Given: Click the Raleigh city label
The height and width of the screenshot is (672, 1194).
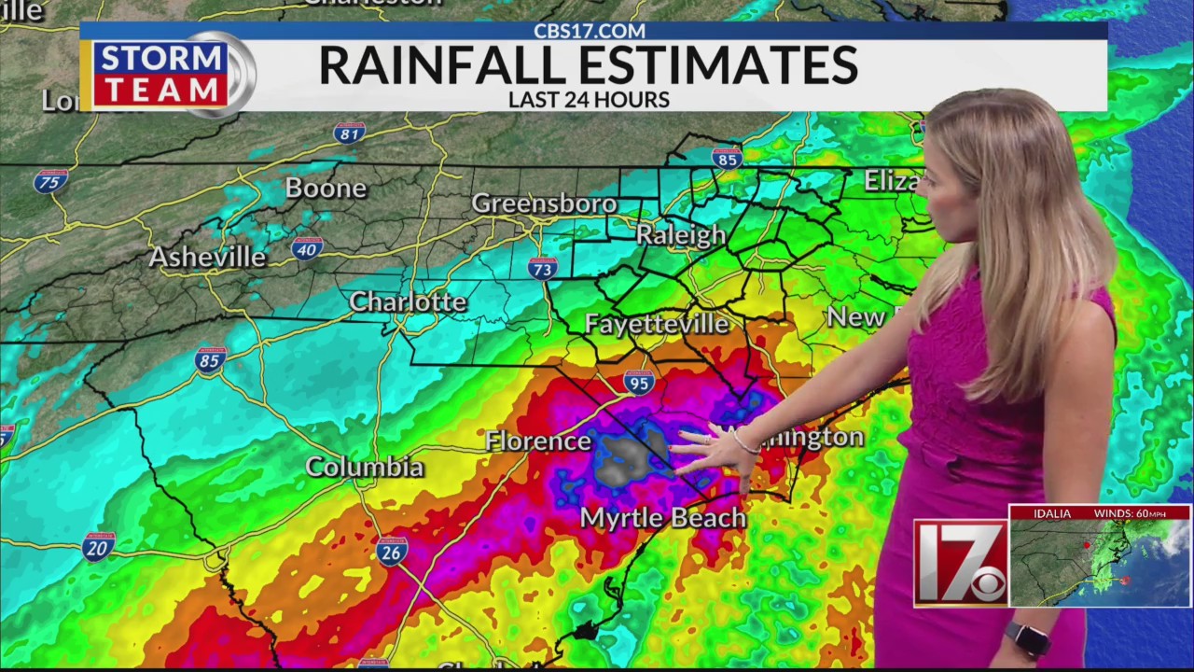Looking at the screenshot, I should (681, 235).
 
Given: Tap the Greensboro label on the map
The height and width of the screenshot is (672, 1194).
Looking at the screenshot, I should (544, 203).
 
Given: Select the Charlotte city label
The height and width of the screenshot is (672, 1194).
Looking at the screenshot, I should (408, 302).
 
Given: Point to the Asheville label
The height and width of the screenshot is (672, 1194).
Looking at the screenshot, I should (207, 258).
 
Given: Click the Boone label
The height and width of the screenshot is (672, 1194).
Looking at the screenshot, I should (326, 189).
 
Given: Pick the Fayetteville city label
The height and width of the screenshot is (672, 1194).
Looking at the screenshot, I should (657, 324).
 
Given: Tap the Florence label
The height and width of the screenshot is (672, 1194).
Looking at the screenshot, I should (538, 441).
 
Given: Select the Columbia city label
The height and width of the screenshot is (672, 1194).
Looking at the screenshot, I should (365, 467).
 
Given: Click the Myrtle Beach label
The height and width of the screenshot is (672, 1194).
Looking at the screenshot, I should (663, 518).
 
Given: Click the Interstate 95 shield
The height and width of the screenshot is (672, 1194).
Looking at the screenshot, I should (639, 383).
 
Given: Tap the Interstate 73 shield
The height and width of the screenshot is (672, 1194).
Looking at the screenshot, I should (542, 269).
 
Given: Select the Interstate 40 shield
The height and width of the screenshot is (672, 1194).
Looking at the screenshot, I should (307, 248).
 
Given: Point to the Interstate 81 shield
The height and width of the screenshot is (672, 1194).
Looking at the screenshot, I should (349, 133).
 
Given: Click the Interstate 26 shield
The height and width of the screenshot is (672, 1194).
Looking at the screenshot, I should (393, 551).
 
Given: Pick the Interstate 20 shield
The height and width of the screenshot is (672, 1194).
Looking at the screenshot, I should (98, 546).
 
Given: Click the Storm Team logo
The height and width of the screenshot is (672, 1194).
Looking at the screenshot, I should (168, 74).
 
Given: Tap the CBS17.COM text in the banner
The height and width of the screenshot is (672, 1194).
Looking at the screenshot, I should (589, 31).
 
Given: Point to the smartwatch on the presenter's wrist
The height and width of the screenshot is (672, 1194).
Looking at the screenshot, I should (1027, 639).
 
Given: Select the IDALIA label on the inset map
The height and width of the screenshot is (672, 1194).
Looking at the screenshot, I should (1051, 513).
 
